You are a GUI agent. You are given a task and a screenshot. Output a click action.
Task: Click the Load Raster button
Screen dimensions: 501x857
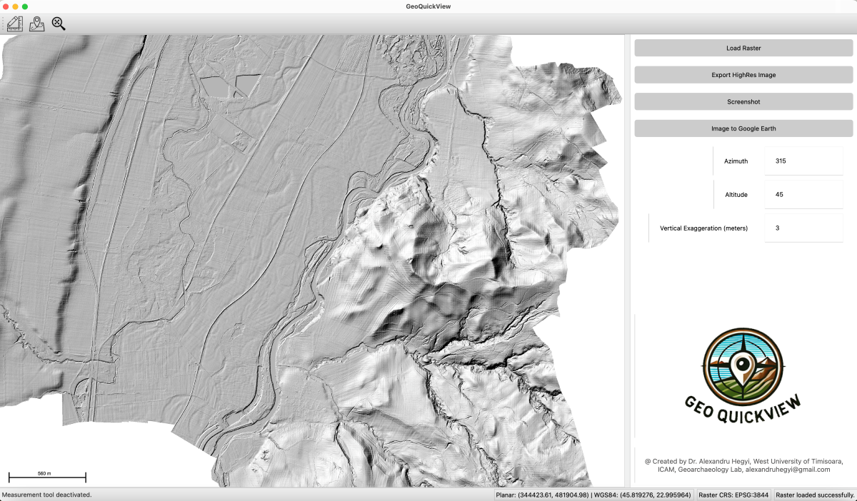tap(743, 48)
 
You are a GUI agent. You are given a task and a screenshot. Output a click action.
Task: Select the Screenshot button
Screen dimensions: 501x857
tap(743, 101)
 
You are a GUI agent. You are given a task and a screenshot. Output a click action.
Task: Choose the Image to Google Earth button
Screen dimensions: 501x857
tap(743, 128)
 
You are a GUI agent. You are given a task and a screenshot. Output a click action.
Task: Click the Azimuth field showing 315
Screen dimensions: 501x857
tap(803, 161)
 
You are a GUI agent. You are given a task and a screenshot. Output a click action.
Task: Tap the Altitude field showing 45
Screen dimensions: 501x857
tap(803, 194)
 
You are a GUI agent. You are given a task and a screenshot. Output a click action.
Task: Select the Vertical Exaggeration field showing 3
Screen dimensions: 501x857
tap(803, 228)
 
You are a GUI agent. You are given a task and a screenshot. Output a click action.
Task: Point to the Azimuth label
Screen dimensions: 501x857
tap(736, 161)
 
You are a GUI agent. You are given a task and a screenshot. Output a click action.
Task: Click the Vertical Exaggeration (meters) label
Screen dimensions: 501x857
tap(703, 228)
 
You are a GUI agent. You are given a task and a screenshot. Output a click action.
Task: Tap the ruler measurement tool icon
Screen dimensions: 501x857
tap(15, 24)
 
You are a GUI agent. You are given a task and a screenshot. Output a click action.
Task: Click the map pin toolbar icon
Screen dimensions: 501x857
tap(37, 24)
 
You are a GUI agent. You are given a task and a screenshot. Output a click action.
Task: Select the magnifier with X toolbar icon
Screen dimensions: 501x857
tap(59, 24)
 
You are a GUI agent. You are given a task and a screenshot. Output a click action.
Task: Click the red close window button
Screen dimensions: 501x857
tap(5, 6)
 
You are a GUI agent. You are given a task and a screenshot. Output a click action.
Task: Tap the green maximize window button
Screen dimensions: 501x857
tap(25, 6)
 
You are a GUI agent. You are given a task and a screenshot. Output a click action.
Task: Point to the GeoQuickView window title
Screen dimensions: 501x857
tap(428, 6)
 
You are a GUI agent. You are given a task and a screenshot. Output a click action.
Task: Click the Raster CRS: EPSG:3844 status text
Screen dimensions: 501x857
tap(733, 495)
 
